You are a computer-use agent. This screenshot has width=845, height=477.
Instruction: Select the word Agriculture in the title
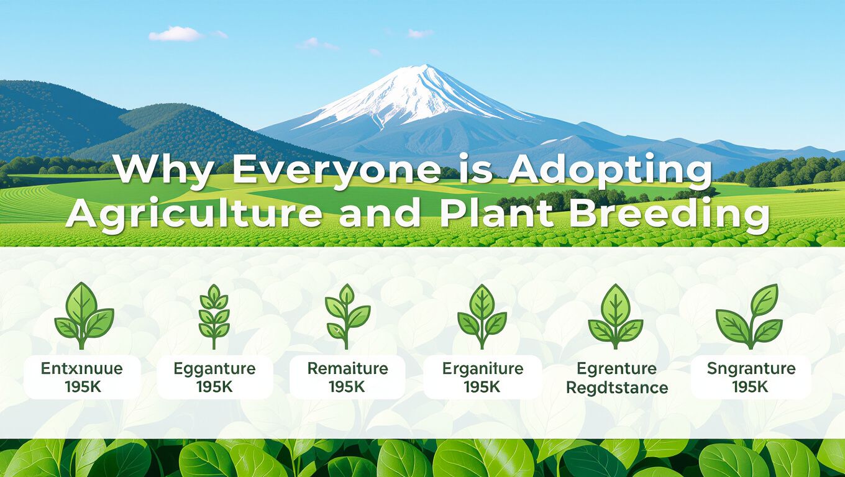[194, 214]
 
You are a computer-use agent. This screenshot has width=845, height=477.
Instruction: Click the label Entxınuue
[82, 368]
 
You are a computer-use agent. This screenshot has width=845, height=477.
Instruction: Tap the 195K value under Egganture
[214, 386]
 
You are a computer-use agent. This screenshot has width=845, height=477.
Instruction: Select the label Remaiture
[347, 368]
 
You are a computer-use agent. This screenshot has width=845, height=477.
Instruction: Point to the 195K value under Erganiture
[482, 386]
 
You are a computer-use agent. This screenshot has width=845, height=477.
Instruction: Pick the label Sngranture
[751, 368]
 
